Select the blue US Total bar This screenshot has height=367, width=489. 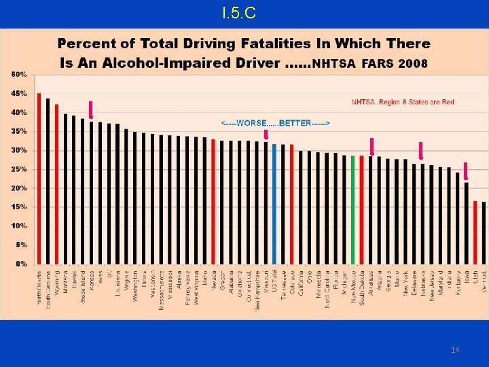coord(274,204)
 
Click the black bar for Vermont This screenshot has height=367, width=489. coord(484,232)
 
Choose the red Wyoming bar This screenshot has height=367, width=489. coord(56,183)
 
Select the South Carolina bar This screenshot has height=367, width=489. coord(48,181)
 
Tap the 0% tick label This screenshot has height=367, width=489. coord(21,263)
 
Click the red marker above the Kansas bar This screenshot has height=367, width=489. coord(90,109)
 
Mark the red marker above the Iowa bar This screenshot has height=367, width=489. coord(465,171)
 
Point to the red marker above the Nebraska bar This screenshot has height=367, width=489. coord(421,150)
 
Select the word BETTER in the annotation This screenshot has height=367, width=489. coord(296,123)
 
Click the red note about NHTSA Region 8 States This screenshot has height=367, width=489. coord(403,102)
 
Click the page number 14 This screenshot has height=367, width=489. coord(454,349)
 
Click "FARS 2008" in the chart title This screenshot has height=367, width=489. coord(395,63)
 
